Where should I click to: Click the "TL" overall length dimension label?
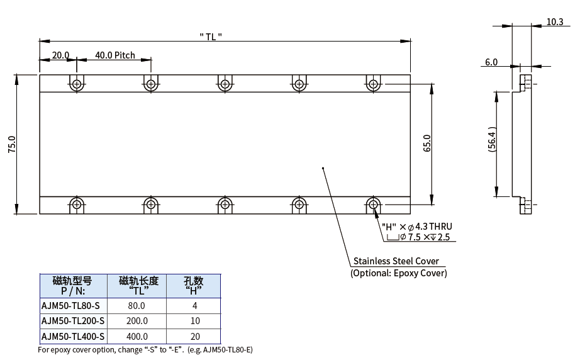coord(210,37)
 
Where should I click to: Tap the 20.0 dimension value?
coord(61,55)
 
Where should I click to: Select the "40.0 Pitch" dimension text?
coord(115,55)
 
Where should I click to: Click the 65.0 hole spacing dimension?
coord(427,143)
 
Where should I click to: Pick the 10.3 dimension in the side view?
coord(554,22)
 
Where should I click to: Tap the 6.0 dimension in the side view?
coord(491,62)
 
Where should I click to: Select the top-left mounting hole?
coord(77,84)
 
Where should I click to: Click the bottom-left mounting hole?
coord(77,204)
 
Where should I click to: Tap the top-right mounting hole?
coord(373,84)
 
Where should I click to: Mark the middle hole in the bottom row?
coord(225,204)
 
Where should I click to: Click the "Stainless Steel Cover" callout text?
coord(396,261)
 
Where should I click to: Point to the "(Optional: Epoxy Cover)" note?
coord(398,273)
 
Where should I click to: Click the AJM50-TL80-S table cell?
coord(70,306)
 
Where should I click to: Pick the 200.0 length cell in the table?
coord(137,322)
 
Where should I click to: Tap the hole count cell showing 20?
coord(194,337)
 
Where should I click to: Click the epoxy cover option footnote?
coord(145,349)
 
